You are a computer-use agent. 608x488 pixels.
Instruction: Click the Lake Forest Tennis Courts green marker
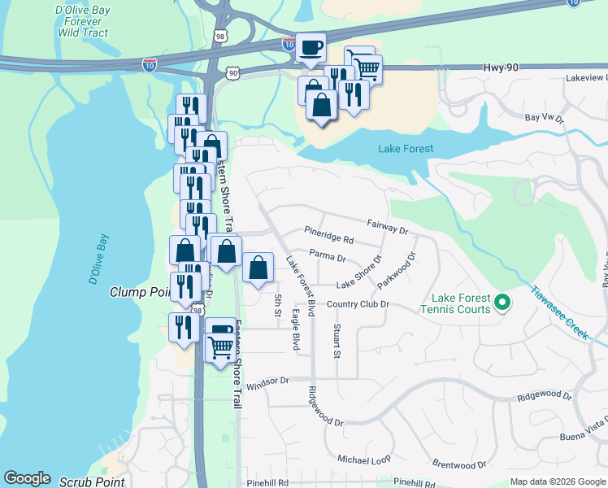click(x=502, y=303)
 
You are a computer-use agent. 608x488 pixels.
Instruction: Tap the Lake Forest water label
click(x=406, y=149)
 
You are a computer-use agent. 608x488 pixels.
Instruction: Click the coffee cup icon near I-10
click(x=310, y=47)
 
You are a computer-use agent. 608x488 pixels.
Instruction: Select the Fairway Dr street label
click(x=387, y=226)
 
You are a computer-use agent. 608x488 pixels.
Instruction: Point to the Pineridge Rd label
click(x=329, y=240)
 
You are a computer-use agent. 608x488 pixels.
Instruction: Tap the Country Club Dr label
click(x=358, y=304)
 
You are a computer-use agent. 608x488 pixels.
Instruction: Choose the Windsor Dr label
click(x=267, y=381)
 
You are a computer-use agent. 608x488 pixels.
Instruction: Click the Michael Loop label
click(x=364, y=460)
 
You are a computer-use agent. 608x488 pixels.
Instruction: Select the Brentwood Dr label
click(x=459, y=465)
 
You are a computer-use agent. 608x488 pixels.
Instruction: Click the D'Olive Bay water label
click(x=98, y=259)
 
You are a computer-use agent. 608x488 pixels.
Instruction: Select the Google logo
click(x=27, y=478)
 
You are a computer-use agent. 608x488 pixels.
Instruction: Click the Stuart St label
click(x=336, y=342)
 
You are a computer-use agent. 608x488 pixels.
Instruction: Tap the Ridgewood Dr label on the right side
click(x=545, y=395)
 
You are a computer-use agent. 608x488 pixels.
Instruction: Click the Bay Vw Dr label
click(x=544, y=118)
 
